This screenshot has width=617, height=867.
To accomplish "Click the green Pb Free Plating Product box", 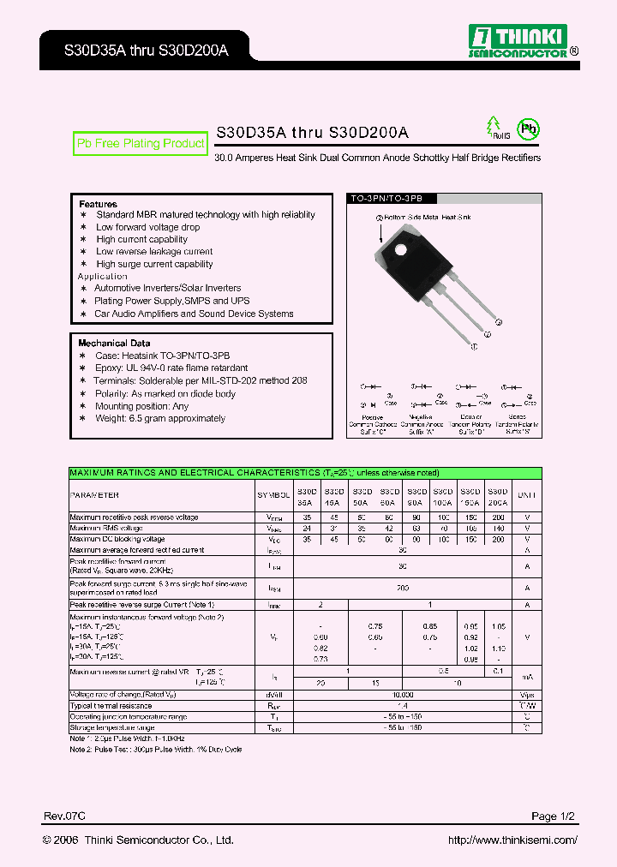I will [141, 144].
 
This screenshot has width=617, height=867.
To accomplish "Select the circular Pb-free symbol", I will [530, 129].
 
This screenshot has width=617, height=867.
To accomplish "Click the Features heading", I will [98, 204].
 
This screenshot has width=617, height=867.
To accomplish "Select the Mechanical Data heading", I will [114, 343].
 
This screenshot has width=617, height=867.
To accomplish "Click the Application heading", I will [102, 276].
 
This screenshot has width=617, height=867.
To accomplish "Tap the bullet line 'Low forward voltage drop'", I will [147, 227].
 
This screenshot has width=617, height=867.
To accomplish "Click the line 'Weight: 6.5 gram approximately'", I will [160, 418].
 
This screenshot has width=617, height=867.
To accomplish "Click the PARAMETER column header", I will [94, 495].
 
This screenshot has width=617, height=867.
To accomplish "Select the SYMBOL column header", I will [273, 495].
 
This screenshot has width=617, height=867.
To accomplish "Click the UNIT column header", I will [527, 495].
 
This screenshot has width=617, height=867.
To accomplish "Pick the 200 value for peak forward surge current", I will [403, 589].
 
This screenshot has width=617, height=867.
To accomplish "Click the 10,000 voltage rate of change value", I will [403, 694].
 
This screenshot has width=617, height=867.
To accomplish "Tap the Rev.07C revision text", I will [63, 816].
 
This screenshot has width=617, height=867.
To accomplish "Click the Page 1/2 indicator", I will [554, 816].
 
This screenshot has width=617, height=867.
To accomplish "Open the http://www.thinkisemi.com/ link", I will [512, 840].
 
